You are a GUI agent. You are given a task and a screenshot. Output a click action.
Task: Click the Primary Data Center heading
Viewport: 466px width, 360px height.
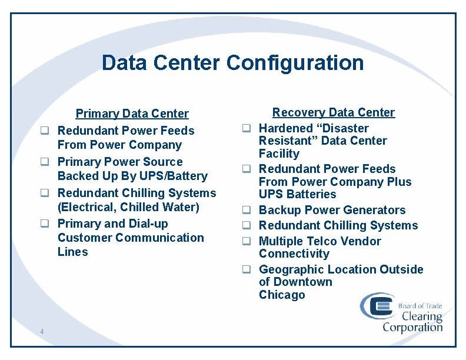(132, 114)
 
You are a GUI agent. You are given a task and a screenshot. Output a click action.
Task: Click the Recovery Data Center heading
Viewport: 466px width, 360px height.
(333, 112)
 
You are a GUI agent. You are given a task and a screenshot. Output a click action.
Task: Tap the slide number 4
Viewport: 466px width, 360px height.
(42, 332)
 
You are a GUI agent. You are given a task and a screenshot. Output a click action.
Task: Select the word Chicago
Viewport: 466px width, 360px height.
(282, 295)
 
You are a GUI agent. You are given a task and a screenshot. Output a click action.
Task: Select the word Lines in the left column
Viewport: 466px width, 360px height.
(72, 252)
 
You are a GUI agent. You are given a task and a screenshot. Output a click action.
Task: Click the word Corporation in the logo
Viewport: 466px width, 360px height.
(412, 326)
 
